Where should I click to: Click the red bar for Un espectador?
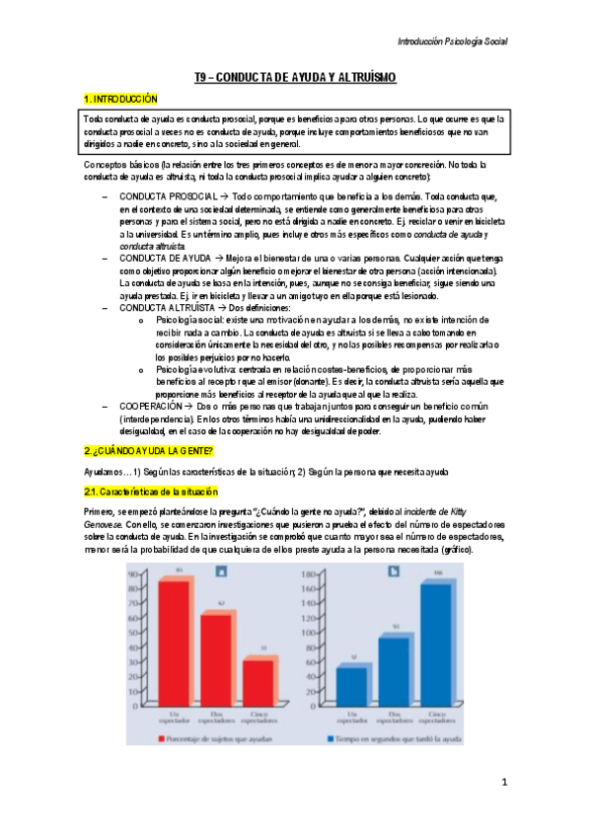point(174,642)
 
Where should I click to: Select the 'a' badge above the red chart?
point(221,570)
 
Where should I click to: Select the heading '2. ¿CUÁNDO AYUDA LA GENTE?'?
point(147,450)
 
